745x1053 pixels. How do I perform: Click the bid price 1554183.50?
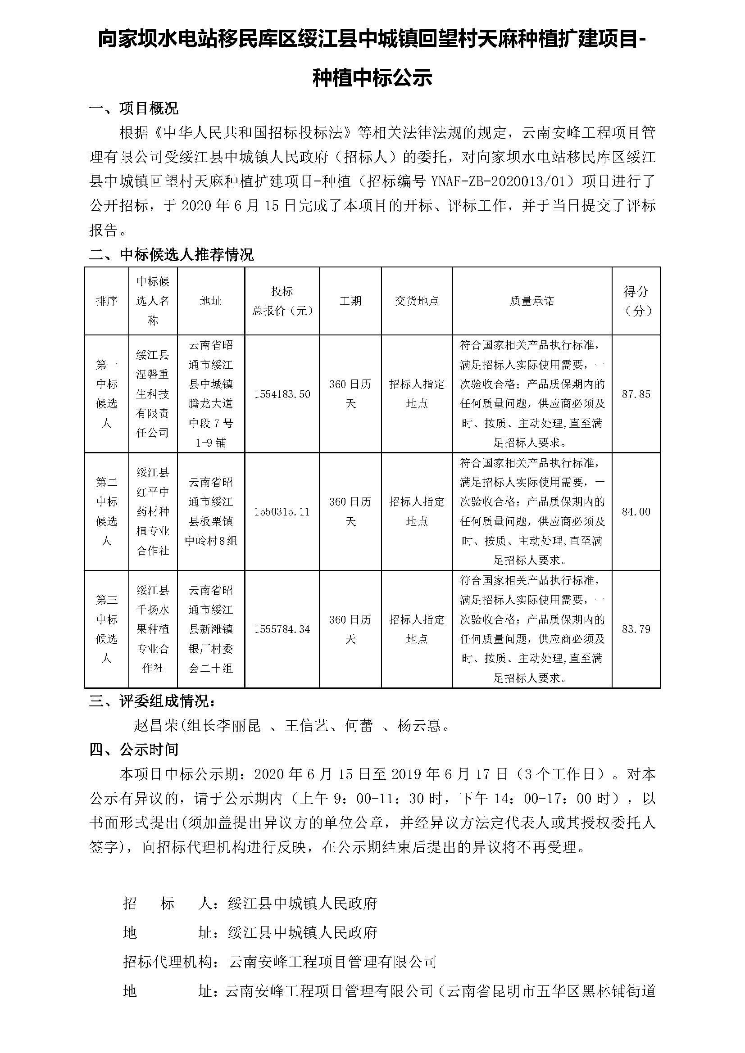point(282,394)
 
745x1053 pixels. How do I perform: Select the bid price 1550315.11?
point(282,511)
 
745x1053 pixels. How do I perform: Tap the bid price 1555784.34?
point(282,629)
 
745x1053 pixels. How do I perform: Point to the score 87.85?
point(636,394)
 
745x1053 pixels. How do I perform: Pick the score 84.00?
point(636,511)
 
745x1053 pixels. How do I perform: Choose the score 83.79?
point(636,629)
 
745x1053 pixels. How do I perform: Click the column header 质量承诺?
point(532,301)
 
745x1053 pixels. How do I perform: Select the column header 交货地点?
point(417,301)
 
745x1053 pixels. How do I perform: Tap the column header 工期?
point(350,301)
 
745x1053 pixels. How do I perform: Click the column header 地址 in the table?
point(210,301)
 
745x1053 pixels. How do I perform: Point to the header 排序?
point(106,301)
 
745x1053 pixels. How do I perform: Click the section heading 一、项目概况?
point(133,108)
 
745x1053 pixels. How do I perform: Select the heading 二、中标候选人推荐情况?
point(171,254)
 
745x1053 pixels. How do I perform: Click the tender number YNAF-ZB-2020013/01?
point(502,181)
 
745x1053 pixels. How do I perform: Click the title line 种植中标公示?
point(372,77)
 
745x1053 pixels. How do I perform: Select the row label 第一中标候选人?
point(106,393)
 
